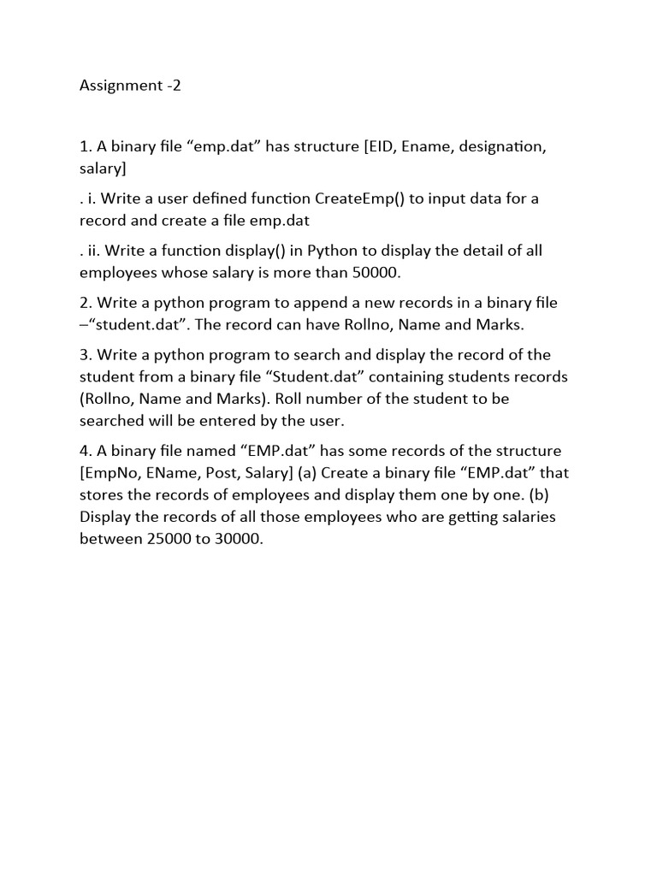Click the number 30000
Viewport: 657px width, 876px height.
(234, 539)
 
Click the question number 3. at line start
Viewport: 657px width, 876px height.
(86, 355)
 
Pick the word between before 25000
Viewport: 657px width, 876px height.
(110, 539)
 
